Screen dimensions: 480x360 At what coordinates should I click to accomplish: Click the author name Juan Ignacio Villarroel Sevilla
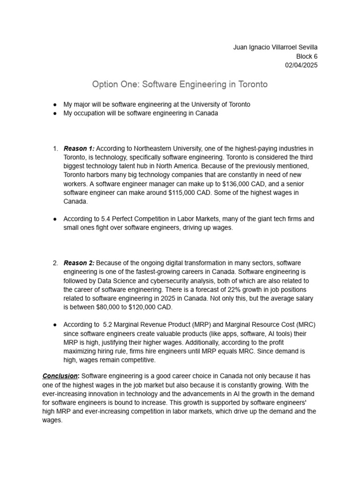[x=275, y=47]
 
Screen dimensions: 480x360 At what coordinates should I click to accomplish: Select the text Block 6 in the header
[x=306, y=56]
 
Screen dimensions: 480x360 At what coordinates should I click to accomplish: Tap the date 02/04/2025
[x=301, y=65]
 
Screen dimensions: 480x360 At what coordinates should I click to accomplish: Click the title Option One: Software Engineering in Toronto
[x=180, y=84]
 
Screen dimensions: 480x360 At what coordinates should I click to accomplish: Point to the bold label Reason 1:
[x=79, y=149]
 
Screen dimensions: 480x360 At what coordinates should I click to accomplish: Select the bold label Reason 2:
[x=79, y=262]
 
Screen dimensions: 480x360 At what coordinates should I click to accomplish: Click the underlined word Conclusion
[x=60, y=376]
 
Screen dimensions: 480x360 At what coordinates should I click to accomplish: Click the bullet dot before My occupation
[x=55, y=113]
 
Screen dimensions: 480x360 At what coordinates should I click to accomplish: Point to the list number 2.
[x=56, y=262]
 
